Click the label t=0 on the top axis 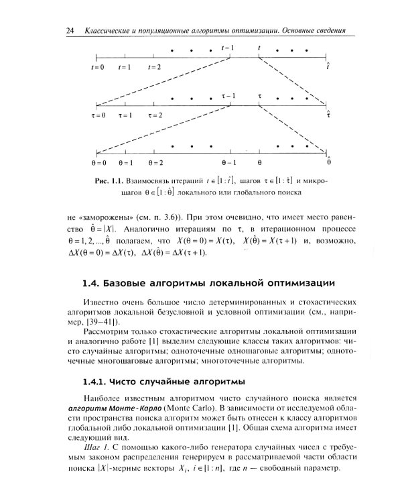coord(98,67)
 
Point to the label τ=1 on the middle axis coord(125,115)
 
